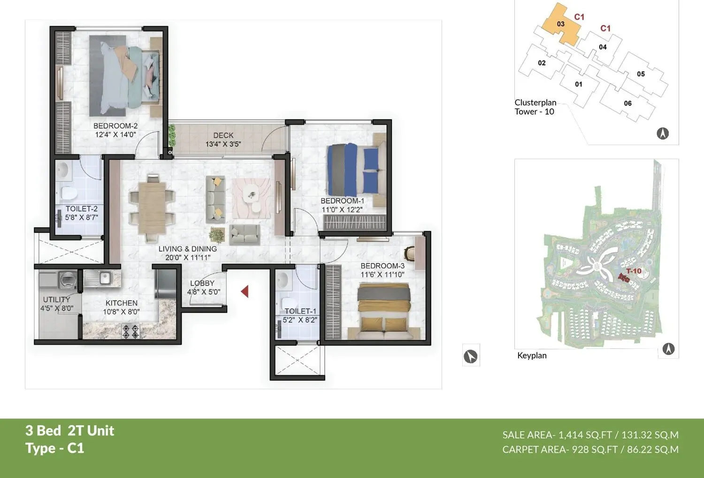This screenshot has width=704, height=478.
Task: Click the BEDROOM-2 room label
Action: coord(115,126)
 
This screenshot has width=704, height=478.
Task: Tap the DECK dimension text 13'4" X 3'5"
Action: coord(223,144)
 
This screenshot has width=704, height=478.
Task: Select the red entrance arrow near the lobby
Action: coord(245,292)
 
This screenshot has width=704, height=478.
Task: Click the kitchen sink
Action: coord(101,278)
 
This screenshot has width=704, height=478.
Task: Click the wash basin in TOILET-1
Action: coord(283,280)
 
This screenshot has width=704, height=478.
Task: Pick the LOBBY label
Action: coord(202,283)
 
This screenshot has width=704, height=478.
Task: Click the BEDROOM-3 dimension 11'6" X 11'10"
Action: coord(382,275)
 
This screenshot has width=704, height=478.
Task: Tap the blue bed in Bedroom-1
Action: coord(353,169)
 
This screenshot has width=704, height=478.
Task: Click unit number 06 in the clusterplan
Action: coord(627,103)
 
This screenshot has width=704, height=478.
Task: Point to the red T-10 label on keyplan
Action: coord(633,271)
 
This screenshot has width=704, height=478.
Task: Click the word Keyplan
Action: coord(532,355)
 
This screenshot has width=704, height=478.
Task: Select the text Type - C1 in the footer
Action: coord(55,448)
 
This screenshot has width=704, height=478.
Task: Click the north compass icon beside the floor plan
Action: coord(471,357)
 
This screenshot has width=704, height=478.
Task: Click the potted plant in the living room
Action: coord(217,234)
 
